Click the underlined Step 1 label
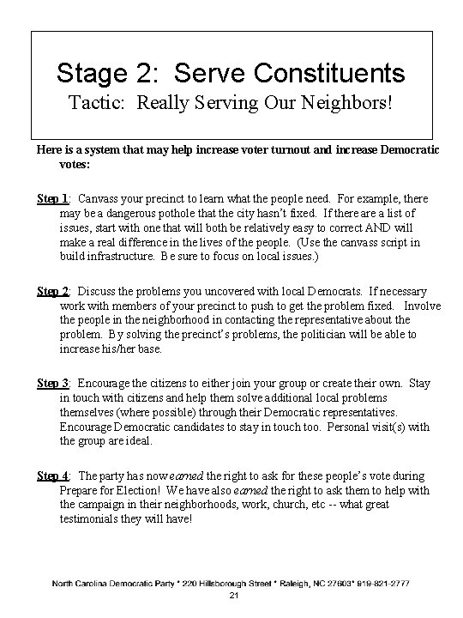click(53, 198)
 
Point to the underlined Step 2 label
click(53, 292)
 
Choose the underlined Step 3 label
click(53, 384)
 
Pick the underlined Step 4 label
click(53, 476)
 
